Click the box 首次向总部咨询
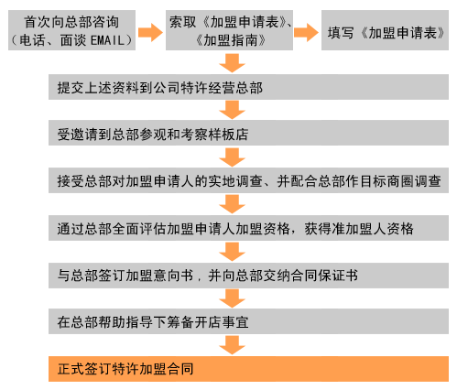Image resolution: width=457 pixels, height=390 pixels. pyautogui.click(x=71, y=30)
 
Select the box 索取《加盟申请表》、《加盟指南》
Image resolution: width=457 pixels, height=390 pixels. pyautogui.click(x=229, y=30)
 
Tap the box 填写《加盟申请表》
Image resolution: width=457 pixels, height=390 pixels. pyautogui.click(x=385, y=30)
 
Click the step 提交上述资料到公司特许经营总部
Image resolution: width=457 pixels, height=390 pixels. pyautogui.click(x=248, y=87)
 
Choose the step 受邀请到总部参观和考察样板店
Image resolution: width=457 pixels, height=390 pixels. pyautogui.click(x=248, y=133)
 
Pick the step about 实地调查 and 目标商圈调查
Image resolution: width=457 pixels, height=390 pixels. pyautogui.click(x=248, y=180)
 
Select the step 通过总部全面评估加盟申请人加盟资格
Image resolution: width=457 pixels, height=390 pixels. pyautogui.click(x=248, y=228)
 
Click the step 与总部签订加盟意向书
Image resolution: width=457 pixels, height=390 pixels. pyautogui.click(x=248, y=276)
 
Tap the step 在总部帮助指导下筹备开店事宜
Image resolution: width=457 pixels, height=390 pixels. pyautogui.click(x=248, y=321)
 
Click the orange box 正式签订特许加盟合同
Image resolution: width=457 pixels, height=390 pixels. pyautogui.click(x=248, y=369)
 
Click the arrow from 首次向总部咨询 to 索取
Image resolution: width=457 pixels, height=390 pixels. pyautogui.click(x=150, y=32)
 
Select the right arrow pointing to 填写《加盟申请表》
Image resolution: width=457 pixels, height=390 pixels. pyautogui.click(x=306, y=32)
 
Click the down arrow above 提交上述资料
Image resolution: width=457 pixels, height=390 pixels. pyautogui.click(x=232, y=63)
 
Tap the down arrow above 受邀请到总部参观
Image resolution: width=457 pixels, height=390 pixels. pyautogui.click(x=232, y=110)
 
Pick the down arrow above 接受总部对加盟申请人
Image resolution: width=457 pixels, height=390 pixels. pyautogui.click(x=232, y=157)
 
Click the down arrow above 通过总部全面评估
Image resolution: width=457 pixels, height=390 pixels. pyautogui.click(x=232, y=204)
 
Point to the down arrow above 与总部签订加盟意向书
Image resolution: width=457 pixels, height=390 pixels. pyautogui.click(x=232, y=252)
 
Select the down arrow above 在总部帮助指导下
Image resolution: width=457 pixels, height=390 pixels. pyautogui.click(x=232, y=298)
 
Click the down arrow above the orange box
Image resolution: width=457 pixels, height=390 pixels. pyautogui.click(x=232, y=345)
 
